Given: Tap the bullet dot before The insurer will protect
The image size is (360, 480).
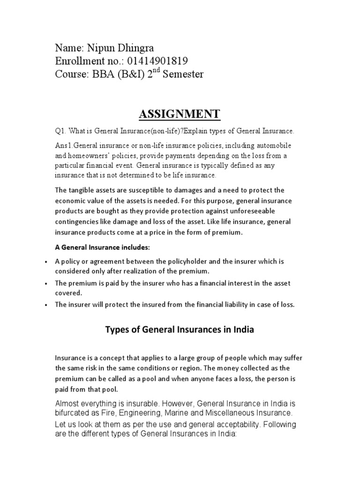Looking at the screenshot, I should click(45, 305).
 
